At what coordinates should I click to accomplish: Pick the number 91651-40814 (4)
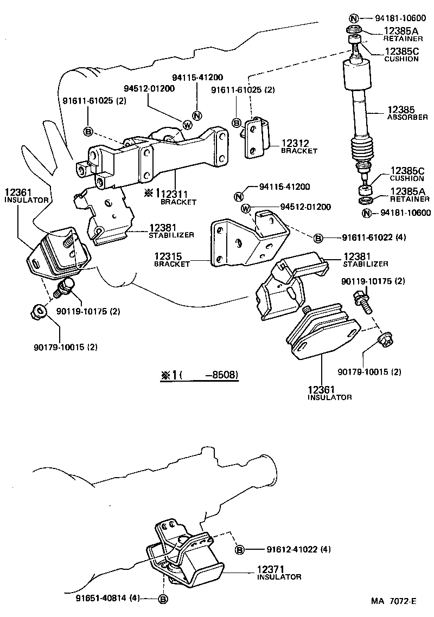point(109,599)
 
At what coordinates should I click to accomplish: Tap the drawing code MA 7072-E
point(394,601)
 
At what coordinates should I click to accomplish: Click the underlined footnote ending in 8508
point(199,375)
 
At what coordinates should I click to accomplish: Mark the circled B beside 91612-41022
point(239,550)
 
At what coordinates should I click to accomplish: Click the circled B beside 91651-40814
point(162,599)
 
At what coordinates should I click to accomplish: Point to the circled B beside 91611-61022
point(318,237)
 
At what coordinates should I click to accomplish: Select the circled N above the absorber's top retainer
point(353,17)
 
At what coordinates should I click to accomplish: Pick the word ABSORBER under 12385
point(407,117)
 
